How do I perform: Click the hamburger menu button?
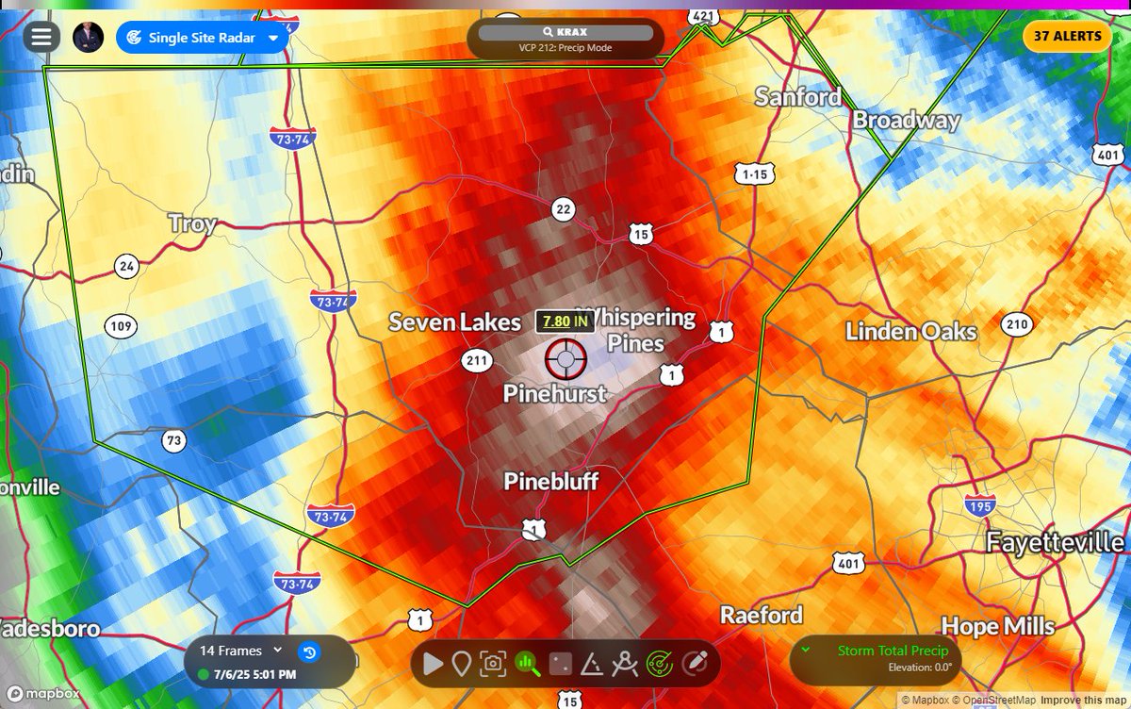pyautogui.click(x=41, y=37)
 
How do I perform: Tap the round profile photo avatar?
pyautogui.click(x=88, y=37)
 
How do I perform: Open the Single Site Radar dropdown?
pyautogui.click(x=203, y=38)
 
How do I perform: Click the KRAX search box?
pyautogui.click(x=565, y=32)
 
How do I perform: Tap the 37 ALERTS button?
pyautogui.click(x=1067, y=36)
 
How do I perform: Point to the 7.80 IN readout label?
pyautogui.click(x=565, y=322)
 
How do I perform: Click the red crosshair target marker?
pyautogui.click(x=565, y=358)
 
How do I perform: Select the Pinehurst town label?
pyautogui.click(x=554, y=393)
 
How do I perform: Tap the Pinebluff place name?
pyautogui.click(x=550, y=482)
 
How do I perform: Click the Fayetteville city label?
pyautogui.click(x=1055, y=542)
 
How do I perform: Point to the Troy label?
pyautogui.click(x=192, y=223)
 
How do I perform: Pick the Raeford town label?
pyautogui.click(x=762, y=615)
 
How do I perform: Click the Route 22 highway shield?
pyautogui.click(x=564, y=209)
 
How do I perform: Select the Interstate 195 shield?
pyautogui.click(x=980, y=504)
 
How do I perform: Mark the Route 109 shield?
pyautogui.click(x=121, y=326)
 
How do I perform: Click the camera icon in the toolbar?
pyautogui.click(x=492, y=664)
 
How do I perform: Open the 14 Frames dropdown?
pyautogui.click(x=241, y=650)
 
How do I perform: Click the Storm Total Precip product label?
pyautogui.click(x=886, y=651)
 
